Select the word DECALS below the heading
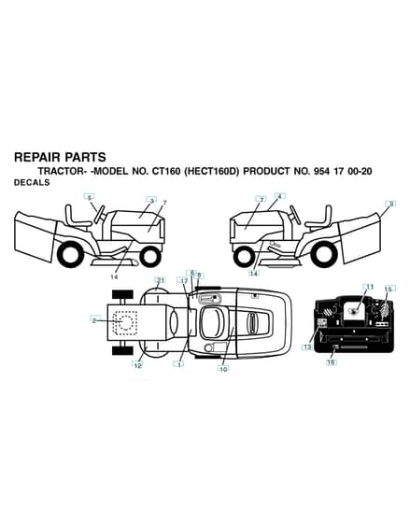[x=32, y=182]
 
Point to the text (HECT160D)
[x=212, y=172]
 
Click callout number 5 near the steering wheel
[x=89, y=197]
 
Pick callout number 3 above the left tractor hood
[x=152, y=200]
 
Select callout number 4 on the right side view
[x=279, y=196]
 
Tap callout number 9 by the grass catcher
[x=391, y=204]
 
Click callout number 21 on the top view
[x=161, y=280]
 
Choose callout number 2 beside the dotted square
[x=94, y=320]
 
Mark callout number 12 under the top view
[x=138, y=365]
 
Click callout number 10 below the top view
[x=223, y=369]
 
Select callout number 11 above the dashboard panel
[x=370, y=287]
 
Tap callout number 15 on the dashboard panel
[x=388, y=289]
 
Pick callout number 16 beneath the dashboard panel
[x=331, y=362]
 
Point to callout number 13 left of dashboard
[x=307, y=347]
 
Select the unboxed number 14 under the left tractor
[x=114, y=276]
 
